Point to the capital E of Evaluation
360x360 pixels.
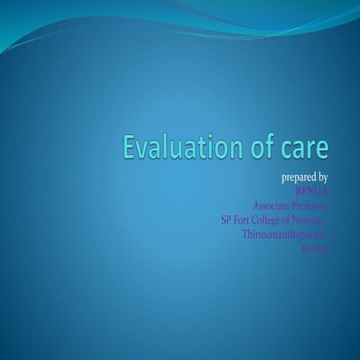click(x=131, y=148)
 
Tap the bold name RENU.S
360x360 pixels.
click(x=312, y=191)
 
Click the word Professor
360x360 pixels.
click(x=310, y=205)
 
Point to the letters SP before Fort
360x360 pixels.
click(x=226, y=220)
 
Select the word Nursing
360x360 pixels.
click(x=315, y=220)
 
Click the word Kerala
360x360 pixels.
click(x=313, y=248)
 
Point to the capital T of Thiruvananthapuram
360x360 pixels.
click(x=245, y=234)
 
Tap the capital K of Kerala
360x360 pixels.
click(x=302, y=248)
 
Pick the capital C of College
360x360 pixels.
click(x=262, y=220)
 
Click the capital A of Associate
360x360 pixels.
click(x=256, y=205)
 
